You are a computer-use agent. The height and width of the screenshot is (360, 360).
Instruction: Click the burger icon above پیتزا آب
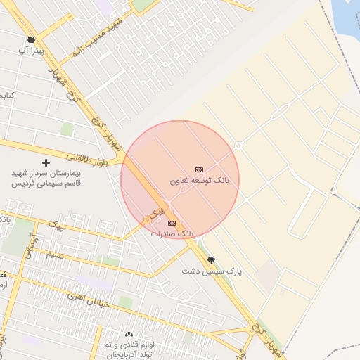coord(31,40)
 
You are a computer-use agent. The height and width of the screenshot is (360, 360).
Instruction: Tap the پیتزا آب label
coord(31,51)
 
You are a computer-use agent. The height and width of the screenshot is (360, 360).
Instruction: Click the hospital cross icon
coord(46,162)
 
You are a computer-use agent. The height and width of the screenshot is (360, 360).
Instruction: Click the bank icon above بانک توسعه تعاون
coord(199,169)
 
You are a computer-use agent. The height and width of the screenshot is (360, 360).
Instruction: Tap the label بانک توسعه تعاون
coord(204,181)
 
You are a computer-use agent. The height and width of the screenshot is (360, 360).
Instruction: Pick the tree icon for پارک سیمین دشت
coord(211,260)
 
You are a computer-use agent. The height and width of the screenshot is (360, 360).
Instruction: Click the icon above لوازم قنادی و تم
coord(128,335)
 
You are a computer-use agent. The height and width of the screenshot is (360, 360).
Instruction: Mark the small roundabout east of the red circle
coord(238,146)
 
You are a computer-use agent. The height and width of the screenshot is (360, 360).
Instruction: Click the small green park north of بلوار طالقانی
coord(67,129)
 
